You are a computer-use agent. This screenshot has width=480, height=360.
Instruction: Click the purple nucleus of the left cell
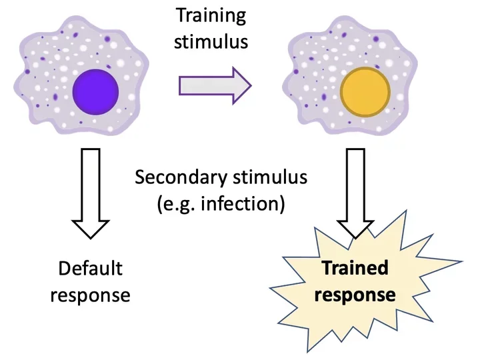coord(95,91)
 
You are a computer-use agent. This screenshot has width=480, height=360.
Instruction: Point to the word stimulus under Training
coord(211,41)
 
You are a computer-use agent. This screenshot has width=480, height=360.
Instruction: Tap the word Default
coord(91,269)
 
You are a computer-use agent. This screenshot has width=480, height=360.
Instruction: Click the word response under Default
coord(91,294)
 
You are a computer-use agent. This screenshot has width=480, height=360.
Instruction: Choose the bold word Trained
coord(355,268)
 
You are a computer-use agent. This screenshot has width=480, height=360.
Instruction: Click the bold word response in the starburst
coord(355,293)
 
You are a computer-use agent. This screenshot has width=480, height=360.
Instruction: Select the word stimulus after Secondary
coord(274,178)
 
